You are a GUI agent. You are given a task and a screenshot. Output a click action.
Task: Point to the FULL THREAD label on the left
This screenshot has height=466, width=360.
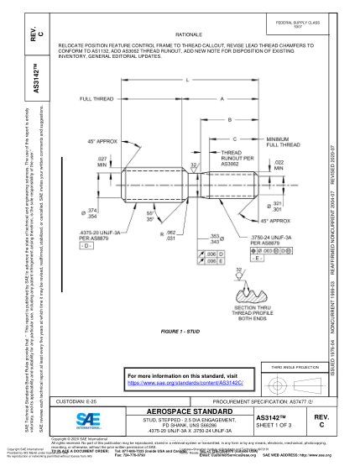97,99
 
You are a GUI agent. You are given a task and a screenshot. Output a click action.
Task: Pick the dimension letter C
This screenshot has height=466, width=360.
234,138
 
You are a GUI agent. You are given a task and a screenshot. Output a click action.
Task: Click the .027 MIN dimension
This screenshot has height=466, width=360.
102,161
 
